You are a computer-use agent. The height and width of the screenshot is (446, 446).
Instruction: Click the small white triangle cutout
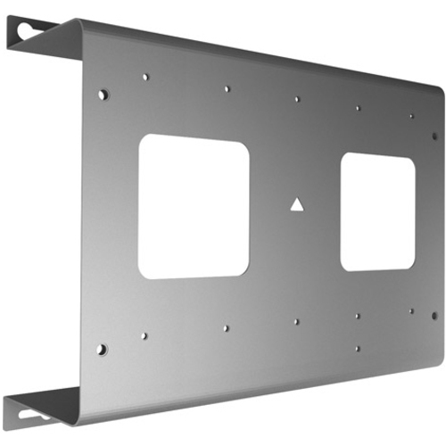[296, 204]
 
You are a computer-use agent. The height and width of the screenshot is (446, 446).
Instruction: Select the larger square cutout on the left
[194, 205]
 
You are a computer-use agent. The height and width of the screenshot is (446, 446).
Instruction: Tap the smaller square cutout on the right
[377, 211]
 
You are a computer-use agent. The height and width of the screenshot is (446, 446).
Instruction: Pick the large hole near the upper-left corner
[103, 94]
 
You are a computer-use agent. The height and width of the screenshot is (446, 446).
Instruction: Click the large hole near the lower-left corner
[102, 349]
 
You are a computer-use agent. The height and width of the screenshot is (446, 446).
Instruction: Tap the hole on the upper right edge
[434, 136]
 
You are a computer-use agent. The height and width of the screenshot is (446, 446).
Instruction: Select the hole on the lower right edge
[434, 315]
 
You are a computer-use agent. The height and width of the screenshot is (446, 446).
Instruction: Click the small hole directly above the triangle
[297, 99]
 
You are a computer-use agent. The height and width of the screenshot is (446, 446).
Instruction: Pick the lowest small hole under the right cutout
[357, 348]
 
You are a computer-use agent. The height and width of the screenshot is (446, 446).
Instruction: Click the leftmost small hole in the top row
[145, 77]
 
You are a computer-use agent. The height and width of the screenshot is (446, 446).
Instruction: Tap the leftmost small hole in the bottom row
[144, 336]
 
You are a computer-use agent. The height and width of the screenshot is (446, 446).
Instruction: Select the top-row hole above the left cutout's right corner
[227, 89]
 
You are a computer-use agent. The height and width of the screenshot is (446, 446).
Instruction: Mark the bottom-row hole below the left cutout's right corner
[226, 327]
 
